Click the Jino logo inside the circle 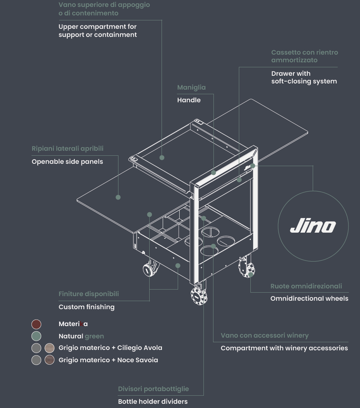pos(313,226)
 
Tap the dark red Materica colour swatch pos(36,324)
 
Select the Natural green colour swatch pos(36,336)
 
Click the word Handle pos(189,100)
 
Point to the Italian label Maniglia pos(191,88)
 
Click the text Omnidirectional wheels pos(309,298)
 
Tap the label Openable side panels pos(67,162)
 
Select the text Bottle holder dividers pos(153,401)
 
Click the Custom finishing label pos(87,307)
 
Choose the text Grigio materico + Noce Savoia pos(108,360)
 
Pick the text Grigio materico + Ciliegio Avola pos(110,348)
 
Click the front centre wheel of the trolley pos(198,296)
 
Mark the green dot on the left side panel pos(118,197)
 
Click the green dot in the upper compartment pos(162,158)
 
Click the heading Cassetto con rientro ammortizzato pos(304,56)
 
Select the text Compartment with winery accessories pos(284,348)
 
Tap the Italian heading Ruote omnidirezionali pos(306,286)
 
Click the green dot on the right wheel pos(250,275)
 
